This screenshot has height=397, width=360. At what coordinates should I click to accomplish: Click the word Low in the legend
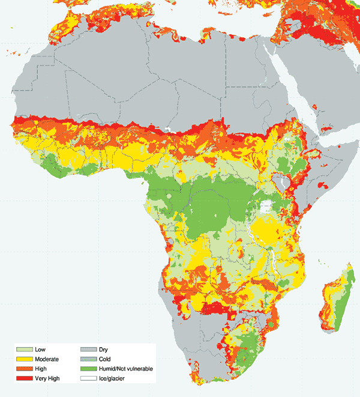click(x=41, y=349)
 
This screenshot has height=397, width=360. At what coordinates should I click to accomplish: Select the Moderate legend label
click(x=47, y=359)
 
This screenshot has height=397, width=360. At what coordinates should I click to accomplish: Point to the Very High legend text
click(x=47, y=378)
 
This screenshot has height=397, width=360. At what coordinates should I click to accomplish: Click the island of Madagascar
click(x=336, y=300)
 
